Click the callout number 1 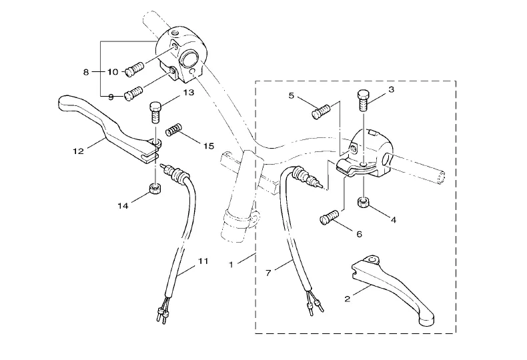pos(231,265)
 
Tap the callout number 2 pos(347,299)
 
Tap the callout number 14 pos(122,206)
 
